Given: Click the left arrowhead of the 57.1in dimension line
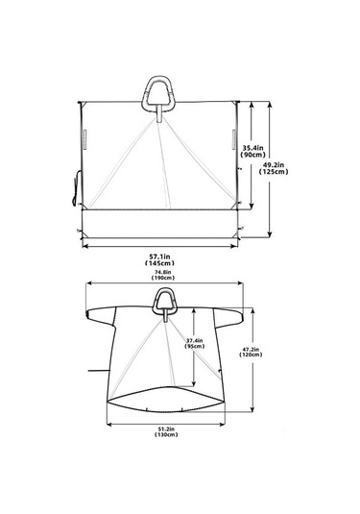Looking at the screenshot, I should point(86,246).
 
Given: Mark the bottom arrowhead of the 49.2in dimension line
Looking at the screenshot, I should point(272,234).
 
